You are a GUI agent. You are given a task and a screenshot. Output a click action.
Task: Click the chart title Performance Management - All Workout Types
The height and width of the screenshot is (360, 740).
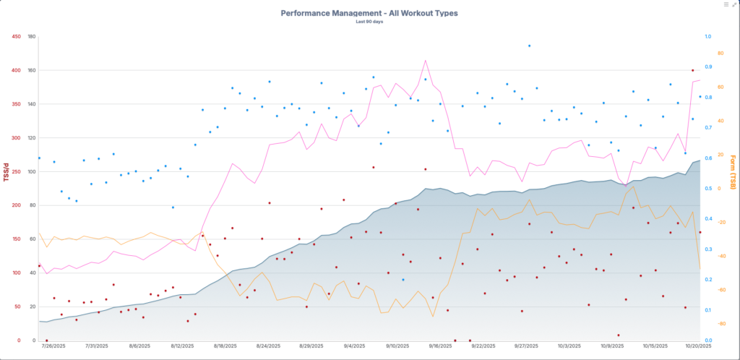click(x=369, y=13)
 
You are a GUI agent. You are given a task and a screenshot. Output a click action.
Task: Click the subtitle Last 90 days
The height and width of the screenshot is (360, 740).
click(x=369, y=22)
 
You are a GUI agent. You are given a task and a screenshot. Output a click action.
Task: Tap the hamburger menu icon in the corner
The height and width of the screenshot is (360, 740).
click(x=726, y=4)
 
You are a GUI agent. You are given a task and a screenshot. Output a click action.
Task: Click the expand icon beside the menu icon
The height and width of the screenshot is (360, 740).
click(x=734, y=4)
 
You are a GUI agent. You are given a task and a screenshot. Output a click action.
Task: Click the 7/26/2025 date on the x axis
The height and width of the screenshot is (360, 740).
click(x=53, y=346)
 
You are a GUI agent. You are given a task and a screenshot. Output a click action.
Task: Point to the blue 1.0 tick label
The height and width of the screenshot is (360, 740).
click(x=707, y=36)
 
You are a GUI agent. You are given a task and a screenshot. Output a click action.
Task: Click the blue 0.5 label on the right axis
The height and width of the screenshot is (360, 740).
click(x=707, y=189)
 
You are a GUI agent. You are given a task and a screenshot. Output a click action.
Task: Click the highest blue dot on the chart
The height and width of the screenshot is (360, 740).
click(x=529, y=46)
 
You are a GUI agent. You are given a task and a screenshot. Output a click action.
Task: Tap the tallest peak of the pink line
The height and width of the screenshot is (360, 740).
click(x=426, y=61)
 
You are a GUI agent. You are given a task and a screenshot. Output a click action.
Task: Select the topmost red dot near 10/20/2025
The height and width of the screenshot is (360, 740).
click(x=692, y=70)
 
